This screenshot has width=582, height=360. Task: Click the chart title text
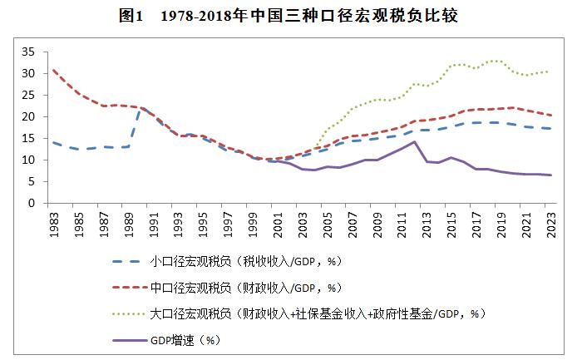[x=291, y=16]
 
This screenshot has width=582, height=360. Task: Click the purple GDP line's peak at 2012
[x=413, y=141]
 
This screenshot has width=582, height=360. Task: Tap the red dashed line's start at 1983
[x=54, y=70]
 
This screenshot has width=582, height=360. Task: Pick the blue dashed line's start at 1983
[x=54, y=142]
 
